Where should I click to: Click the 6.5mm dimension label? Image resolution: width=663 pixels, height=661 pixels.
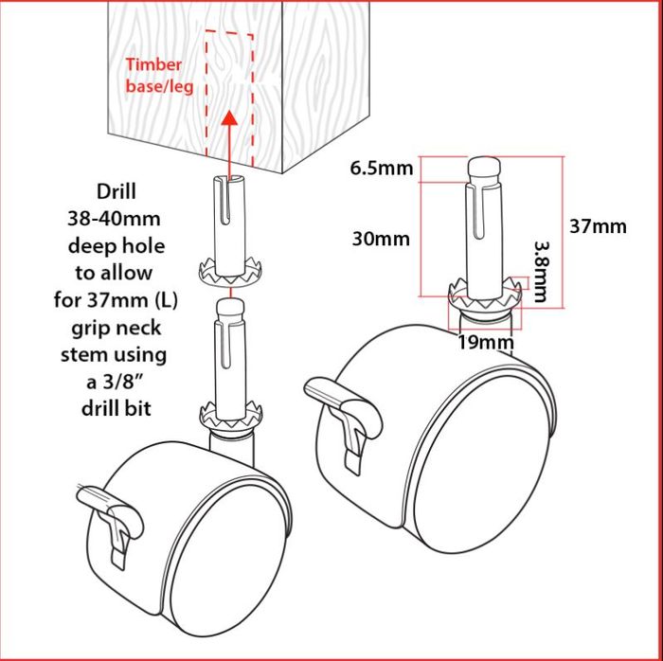pos(381,169)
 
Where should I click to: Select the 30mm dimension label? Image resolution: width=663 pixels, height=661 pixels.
pos(381,240)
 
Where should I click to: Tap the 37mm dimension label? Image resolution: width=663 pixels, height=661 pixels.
pos(598,226)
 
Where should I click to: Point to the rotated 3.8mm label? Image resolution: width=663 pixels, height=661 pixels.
pos(541,272)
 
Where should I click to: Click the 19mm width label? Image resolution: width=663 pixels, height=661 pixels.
pos(486,342)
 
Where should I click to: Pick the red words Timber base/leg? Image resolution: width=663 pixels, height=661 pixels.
pos(159,76)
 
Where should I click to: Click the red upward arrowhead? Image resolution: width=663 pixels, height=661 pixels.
pos(230,118)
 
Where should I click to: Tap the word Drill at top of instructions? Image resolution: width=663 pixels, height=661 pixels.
pos(116,191)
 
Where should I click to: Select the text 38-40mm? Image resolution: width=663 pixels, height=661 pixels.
pos(115,219)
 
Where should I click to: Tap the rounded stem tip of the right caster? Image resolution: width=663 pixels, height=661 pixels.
pos(485,167)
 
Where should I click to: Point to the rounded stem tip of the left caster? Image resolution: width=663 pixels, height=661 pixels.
pos(230,307)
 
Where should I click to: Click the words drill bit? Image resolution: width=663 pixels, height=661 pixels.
pos(116,409)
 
